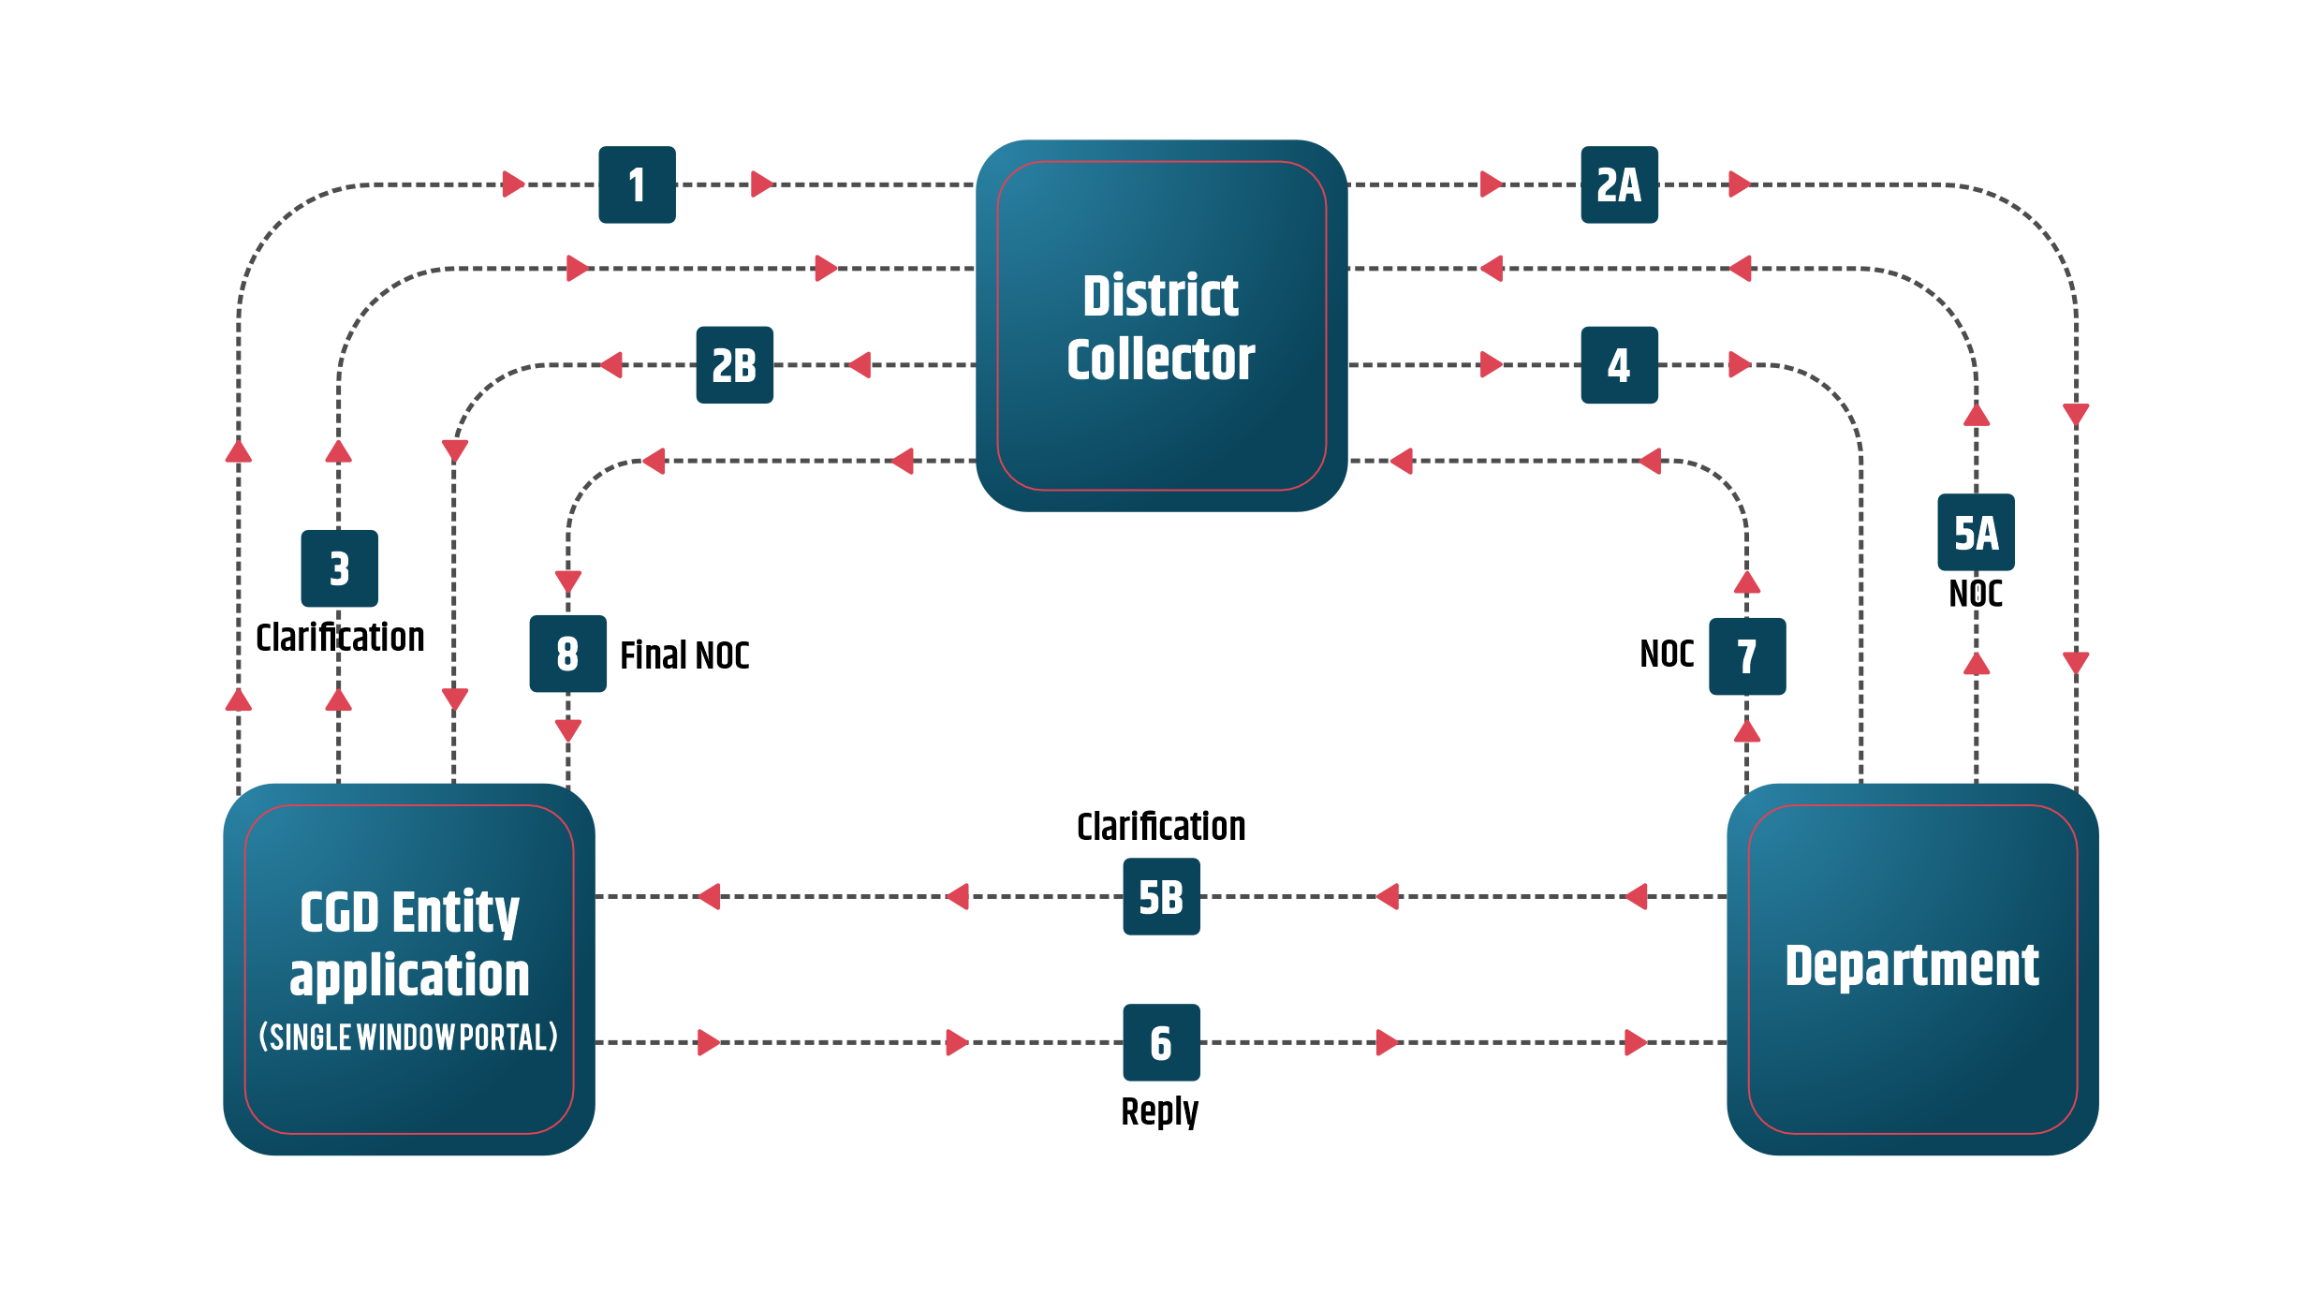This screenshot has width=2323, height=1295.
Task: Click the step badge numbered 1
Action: pyautogui.click(x=637, y=184)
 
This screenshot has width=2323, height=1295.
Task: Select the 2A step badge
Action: pyautogui.click(x=1619, y=184)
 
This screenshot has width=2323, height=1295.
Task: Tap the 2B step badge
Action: pyautogui.click(x=734, y=365)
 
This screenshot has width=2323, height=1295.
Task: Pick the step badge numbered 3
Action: pyautogui.click(x=339, y=568)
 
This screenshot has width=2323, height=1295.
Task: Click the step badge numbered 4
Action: pyautogui.click(x=1619, y=365)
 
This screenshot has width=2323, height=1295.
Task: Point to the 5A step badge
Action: pyautogui.click(x=1976, y=533)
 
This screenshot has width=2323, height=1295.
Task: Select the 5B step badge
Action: pyautogui.click(x=1161, y=897)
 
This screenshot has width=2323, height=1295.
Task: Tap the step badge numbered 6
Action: pyautogui.click(x=1161, y=1042)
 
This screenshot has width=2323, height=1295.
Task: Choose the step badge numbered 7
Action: pyautogui.click(x=1747, y=655)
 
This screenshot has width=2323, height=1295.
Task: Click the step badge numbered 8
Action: pyautogui.click(x=567, y=654)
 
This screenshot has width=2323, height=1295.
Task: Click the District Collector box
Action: pyautogui.click(x=1161, y=326)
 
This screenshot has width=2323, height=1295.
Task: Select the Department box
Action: pyautogui.click(x=1912, y=969)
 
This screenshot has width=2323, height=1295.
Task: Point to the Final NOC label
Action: pyautogui.click(x=684, y=655)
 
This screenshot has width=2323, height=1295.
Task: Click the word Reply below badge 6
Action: pyautogui.click(x=1160, y=1111)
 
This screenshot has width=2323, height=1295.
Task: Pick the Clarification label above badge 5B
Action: pyautogui.click(x=1161, y=827)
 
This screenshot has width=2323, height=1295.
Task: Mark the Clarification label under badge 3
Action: pyautogui.click(x=340, y=638)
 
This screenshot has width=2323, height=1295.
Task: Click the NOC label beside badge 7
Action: pyautogui.click(x=1667, y=654)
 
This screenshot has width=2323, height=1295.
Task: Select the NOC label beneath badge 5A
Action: pyautogui.click(x=1976, y=594)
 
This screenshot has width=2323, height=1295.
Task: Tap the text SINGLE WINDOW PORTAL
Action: pyautogui.click(x=408, y=1037)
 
